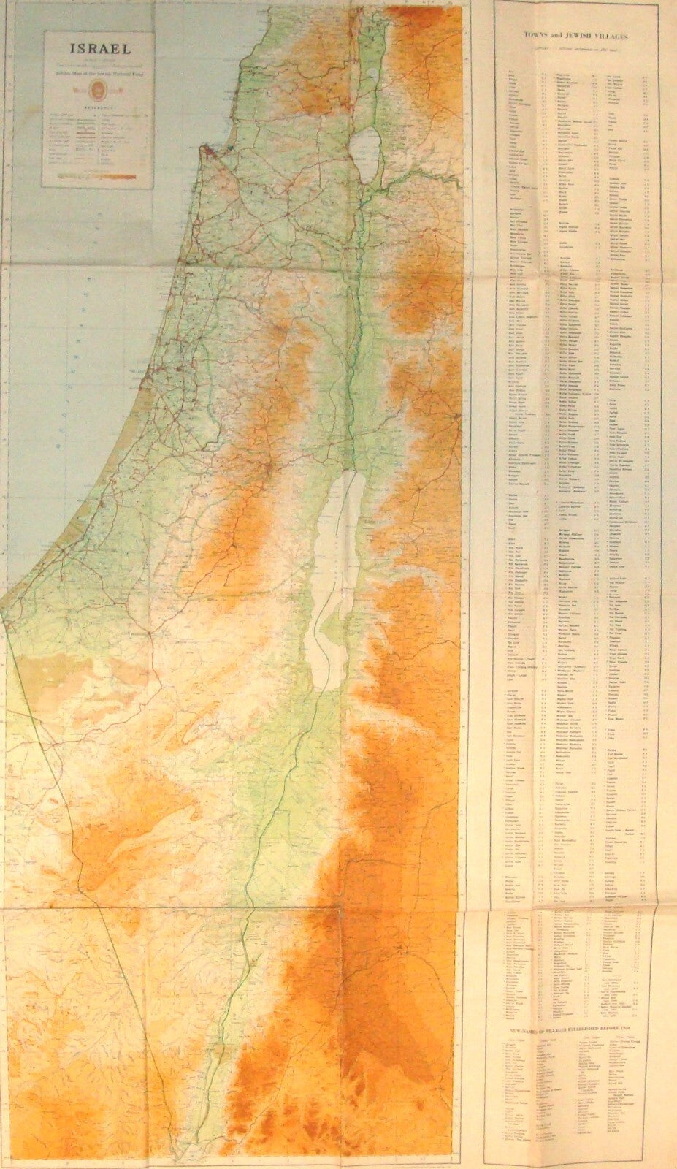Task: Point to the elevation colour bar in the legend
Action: [x=100, y=175]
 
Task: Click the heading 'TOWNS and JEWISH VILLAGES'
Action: [x=581, y=34]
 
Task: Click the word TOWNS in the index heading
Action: [x=545, y=34]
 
